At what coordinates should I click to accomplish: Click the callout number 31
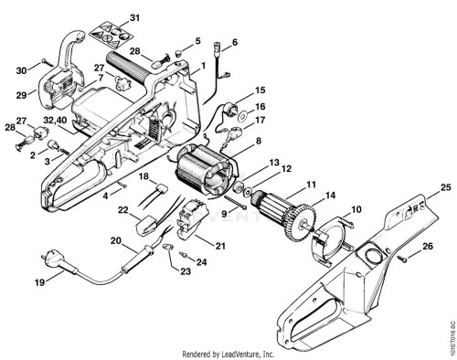[x=134, y=18]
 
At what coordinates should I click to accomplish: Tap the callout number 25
[x=446, y=187]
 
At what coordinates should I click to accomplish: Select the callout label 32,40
[x=55, y=120]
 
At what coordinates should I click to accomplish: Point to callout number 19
[x=39, y=282]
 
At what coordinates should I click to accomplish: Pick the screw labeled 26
[x=401, y=259]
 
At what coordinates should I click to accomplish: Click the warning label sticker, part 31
[x=112, y=35]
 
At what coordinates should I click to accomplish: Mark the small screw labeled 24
[x=183, y=254]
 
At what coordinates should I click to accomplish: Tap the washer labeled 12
[x=247, y=192]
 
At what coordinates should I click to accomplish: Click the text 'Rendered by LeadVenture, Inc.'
[x=228, y=355]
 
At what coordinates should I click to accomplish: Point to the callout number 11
[x=312, y=184]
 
